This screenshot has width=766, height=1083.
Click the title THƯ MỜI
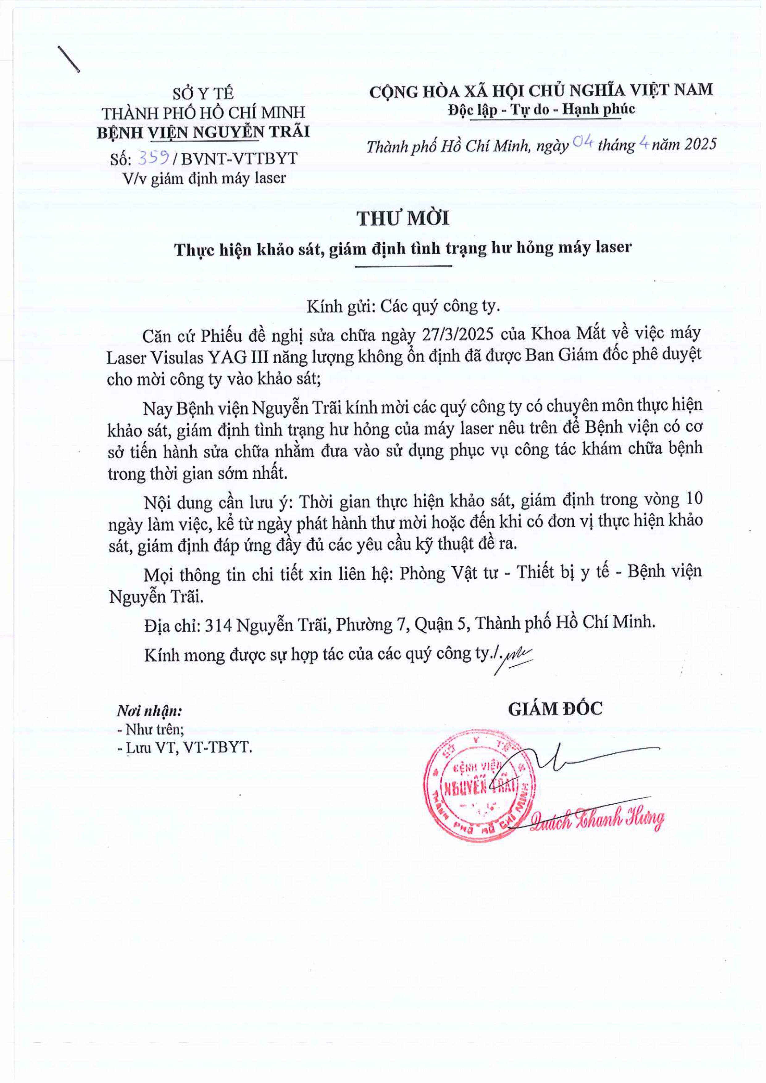point(403,219)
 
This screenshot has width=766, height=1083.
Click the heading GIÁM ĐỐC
point(555,709)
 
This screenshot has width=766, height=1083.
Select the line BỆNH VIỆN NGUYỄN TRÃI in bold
point(203,132)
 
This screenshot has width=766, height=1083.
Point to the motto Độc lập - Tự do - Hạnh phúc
point(542,110)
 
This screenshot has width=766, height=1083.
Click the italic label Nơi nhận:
point(149,711)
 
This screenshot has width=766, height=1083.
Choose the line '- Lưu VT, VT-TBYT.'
point(185,748)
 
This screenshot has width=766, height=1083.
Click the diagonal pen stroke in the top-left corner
point(69,59)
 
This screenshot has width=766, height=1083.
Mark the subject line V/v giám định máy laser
point(204,178)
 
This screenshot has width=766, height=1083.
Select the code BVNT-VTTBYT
point(239,159)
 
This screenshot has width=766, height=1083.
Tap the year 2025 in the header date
point(700,144)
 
